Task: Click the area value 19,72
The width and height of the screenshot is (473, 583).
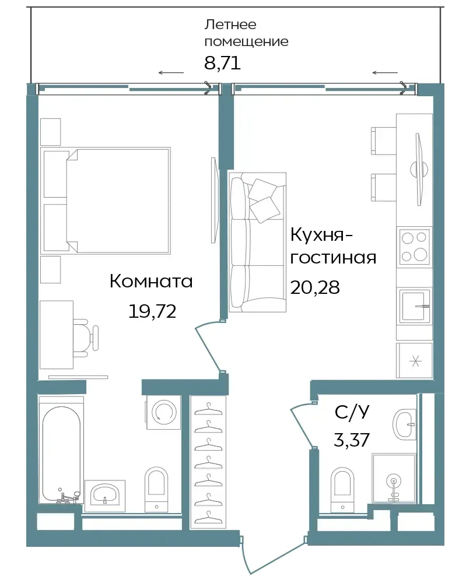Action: click(x=152, y=311)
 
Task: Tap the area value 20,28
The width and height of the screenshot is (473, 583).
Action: click(x=315, y=287)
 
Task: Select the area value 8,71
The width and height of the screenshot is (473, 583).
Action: click(x=222, y=62)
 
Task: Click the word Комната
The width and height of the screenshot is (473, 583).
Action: click(x=151, y=282)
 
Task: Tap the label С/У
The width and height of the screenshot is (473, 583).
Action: click(x=352, y=412)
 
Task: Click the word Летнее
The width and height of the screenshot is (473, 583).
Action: click(x=230, y=24)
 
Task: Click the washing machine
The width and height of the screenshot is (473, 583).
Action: click(x=163, y=412)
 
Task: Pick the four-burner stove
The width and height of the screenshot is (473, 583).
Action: click(x=414, y=247)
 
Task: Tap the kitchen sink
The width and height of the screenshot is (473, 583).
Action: click(x=415, y=306)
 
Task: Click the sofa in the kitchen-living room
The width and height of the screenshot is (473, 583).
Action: click(x=257, y=242)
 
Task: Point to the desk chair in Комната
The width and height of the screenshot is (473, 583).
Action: click(x=86, y=338)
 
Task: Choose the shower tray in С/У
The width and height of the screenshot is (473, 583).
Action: click(x=394, y=478)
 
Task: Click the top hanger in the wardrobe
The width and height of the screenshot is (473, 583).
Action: click(x=208, y=409)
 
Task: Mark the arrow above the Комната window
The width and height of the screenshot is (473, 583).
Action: click(x=171, y=72)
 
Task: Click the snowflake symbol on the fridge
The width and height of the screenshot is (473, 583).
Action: click(x=415, y=361)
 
